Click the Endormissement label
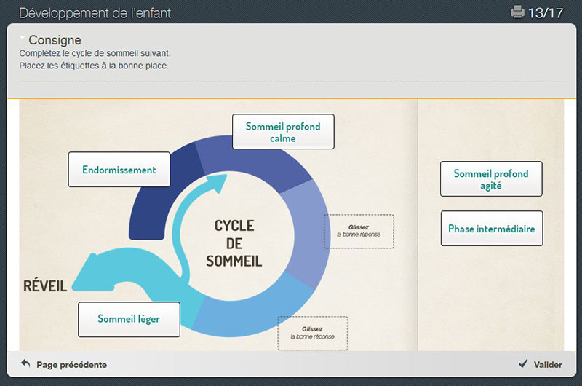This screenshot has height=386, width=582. click(x=119, y=170)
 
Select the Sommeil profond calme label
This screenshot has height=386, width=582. click(x=283, y=132)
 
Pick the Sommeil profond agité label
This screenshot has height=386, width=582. click(x=491, y=178)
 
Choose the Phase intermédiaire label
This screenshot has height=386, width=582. click(x=492, y=229)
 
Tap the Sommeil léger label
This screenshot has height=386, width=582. click(x=129, y=320)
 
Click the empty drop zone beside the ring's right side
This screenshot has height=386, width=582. click(x=359, y=231)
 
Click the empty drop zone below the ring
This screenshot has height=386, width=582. click(x=313, y=333)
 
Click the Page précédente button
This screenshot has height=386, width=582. click(x=64, y=364)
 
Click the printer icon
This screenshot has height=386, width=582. click(x=517, y=12)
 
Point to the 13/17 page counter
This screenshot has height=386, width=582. click(x=545, y=13)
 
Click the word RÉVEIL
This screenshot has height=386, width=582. click(x=45, y=286)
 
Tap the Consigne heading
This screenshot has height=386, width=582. click(x=55, y=40)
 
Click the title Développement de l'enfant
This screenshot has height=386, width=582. click(x=95, y=13)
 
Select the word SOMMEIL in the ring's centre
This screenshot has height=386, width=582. click(x=234, y=261)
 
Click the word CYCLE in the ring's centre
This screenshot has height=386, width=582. click(x=234, y=226)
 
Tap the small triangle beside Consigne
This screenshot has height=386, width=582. click(x=23, y=38)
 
